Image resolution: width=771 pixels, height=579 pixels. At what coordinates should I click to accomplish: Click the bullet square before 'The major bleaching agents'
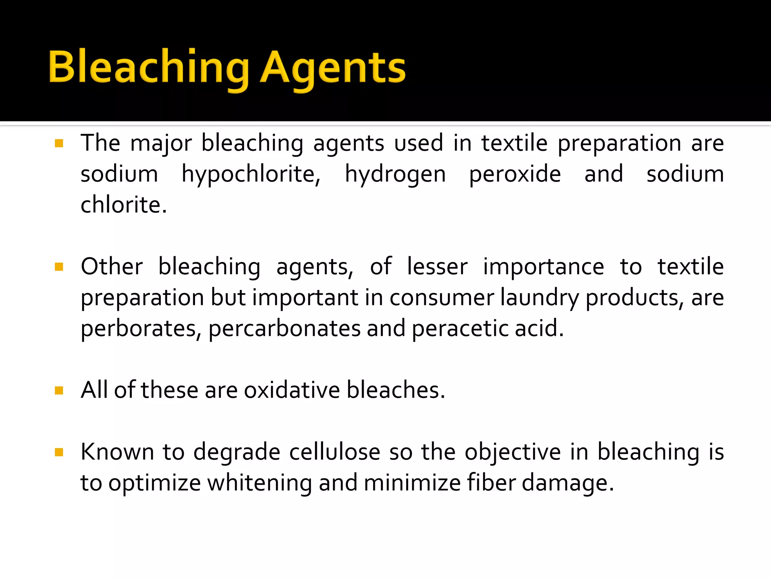pyautogui.click(x=59, y=143)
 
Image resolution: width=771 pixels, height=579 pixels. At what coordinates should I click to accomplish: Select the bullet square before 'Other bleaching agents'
pyautogui.click(x=59, y=267)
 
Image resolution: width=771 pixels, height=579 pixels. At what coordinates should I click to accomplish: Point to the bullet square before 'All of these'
pyautogui.click(x=59, y=390)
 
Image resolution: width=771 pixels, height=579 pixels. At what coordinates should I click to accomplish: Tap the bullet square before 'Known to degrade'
pyautogui.click(x=59, y=452)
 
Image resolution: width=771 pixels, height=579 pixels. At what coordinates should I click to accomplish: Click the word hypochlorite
pyautogui.click(x=251, y=174)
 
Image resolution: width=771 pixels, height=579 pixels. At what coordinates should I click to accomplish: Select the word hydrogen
pyautogui.click(x=395, y=174)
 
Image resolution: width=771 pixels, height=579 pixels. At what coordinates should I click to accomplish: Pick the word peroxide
pyautogui.click(x=515, y=174)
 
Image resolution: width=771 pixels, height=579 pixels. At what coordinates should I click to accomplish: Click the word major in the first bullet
pyautogui.click(x=161, y=143)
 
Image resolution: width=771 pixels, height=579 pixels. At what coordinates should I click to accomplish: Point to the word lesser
pyautogui.click(x=437, y=267)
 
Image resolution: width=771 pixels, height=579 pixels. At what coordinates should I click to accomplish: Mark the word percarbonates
pyautogui.click(x=284, y=329)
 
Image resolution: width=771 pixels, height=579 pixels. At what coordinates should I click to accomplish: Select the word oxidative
pyautogui.click(x=292, y=390)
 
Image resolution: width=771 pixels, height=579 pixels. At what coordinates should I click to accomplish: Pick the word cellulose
pyautogui.click(x=335, y=452)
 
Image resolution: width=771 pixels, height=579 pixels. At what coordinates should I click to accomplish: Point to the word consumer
pyautogui.click(x=442, y=298)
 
